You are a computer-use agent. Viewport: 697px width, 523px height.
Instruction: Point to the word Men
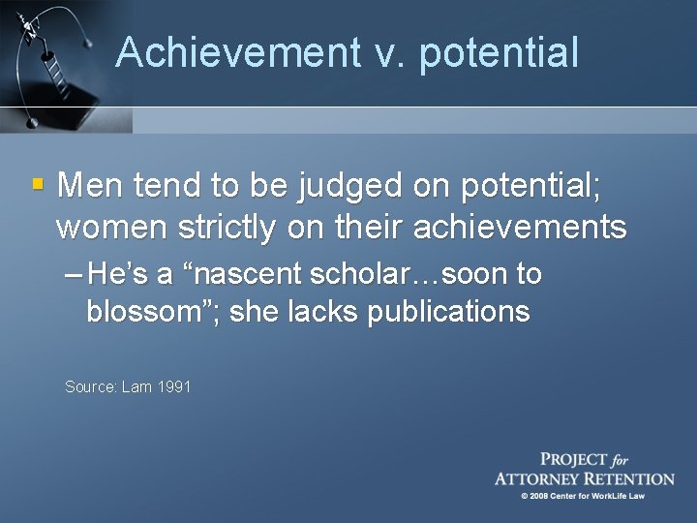point(90,183)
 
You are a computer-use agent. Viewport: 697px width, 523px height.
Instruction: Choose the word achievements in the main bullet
point(519,228)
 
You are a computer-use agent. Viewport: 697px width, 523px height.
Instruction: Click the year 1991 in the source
point(175,386)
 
